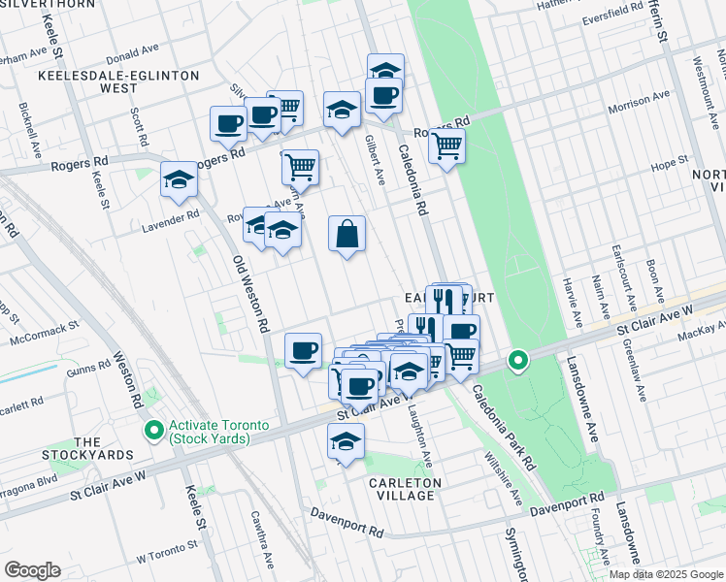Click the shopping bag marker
(346, 234)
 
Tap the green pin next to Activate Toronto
(152, 429)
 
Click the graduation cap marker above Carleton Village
(345, 442)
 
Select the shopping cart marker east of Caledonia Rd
(446, 146)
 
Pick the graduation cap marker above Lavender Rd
(180, 179)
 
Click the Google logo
(32, 570)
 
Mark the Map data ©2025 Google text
(665, 574)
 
